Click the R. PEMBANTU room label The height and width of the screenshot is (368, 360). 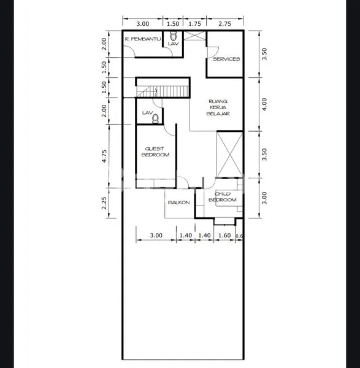pyautogui.click(x=142, y=39)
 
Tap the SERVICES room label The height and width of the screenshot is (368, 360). pyautogui.click(x=226, y=59)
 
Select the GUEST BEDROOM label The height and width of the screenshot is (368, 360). pyautogui.click(x=156, y=151)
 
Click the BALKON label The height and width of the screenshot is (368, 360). pyautogui.click(x=178, y=202)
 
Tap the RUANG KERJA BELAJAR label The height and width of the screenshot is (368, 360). pyautogui.click(x=218, y=108)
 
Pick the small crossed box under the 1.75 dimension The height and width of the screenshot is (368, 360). pyautogui.click(x=194, y=36)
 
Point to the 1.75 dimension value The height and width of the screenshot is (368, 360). pyautogui.click(x=194, y=23)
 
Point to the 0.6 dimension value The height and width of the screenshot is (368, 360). pyautogui.click(x=240, y=236)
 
